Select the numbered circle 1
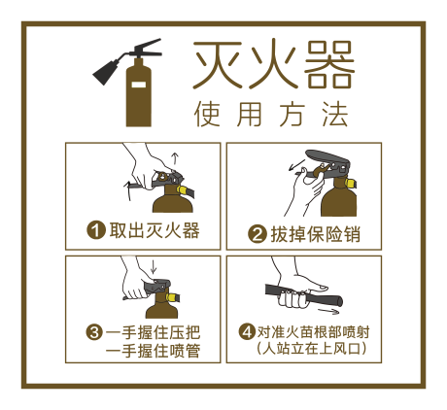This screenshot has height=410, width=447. (x=96, y=230)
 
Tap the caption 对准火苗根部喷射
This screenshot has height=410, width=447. (x=312, y=330)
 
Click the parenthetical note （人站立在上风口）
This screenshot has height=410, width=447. (x=310, y=348)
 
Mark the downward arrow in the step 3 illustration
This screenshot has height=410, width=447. (x=154, y=265)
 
